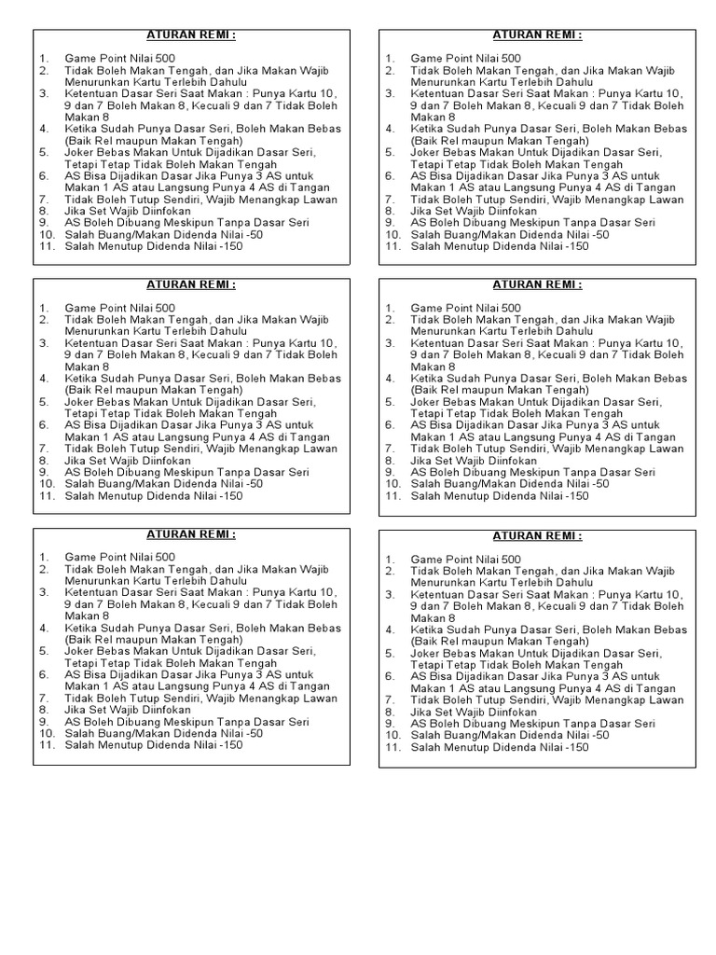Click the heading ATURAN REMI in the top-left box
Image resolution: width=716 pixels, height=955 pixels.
[x=192, y=35]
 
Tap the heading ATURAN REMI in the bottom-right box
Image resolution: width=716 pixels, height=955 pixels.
[x=538, y=536]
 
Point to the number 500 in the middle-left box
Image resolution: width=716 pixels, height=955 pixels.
[x=161, y=308]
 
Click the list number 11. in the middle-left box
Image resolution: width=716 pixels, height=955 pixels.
[x=47, y=495]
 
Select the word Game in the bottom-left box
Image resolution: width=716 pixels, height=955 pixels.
[x=79, y=558]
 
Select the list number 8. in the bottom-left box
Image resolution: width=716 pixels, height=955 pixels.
[x=43, y=710]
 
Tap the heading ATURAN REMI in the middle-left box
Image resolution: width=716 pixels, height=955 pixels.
[x=192, y=285]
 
